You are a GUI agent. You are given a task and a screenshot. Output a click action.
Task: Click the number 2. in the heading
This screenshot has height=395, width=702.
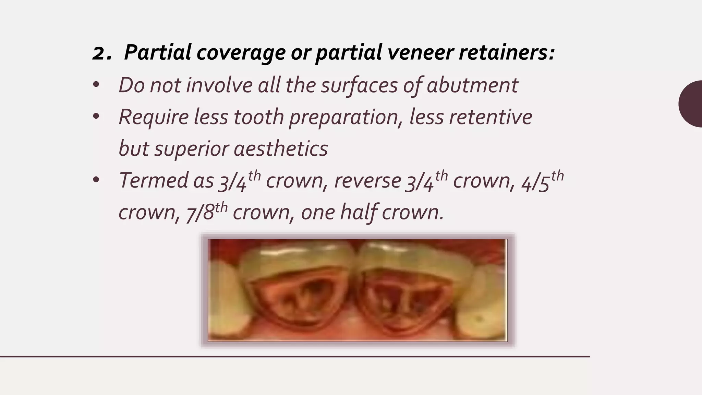click(102, 53)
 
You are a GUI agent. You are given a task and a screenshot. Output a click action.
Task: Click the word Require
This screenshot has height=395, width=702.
click(154, 117)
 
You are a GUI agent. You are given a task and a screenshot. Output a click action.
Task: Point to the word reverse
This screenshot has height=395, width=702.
click(367, 181)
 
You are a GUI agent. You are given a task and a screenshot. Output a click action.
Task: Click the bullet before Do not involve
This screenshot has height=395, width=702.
click(96, 85)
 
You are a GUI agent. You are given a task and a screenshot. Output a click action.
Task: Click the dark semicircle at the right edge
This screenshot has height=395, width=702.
click(691, 104)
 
